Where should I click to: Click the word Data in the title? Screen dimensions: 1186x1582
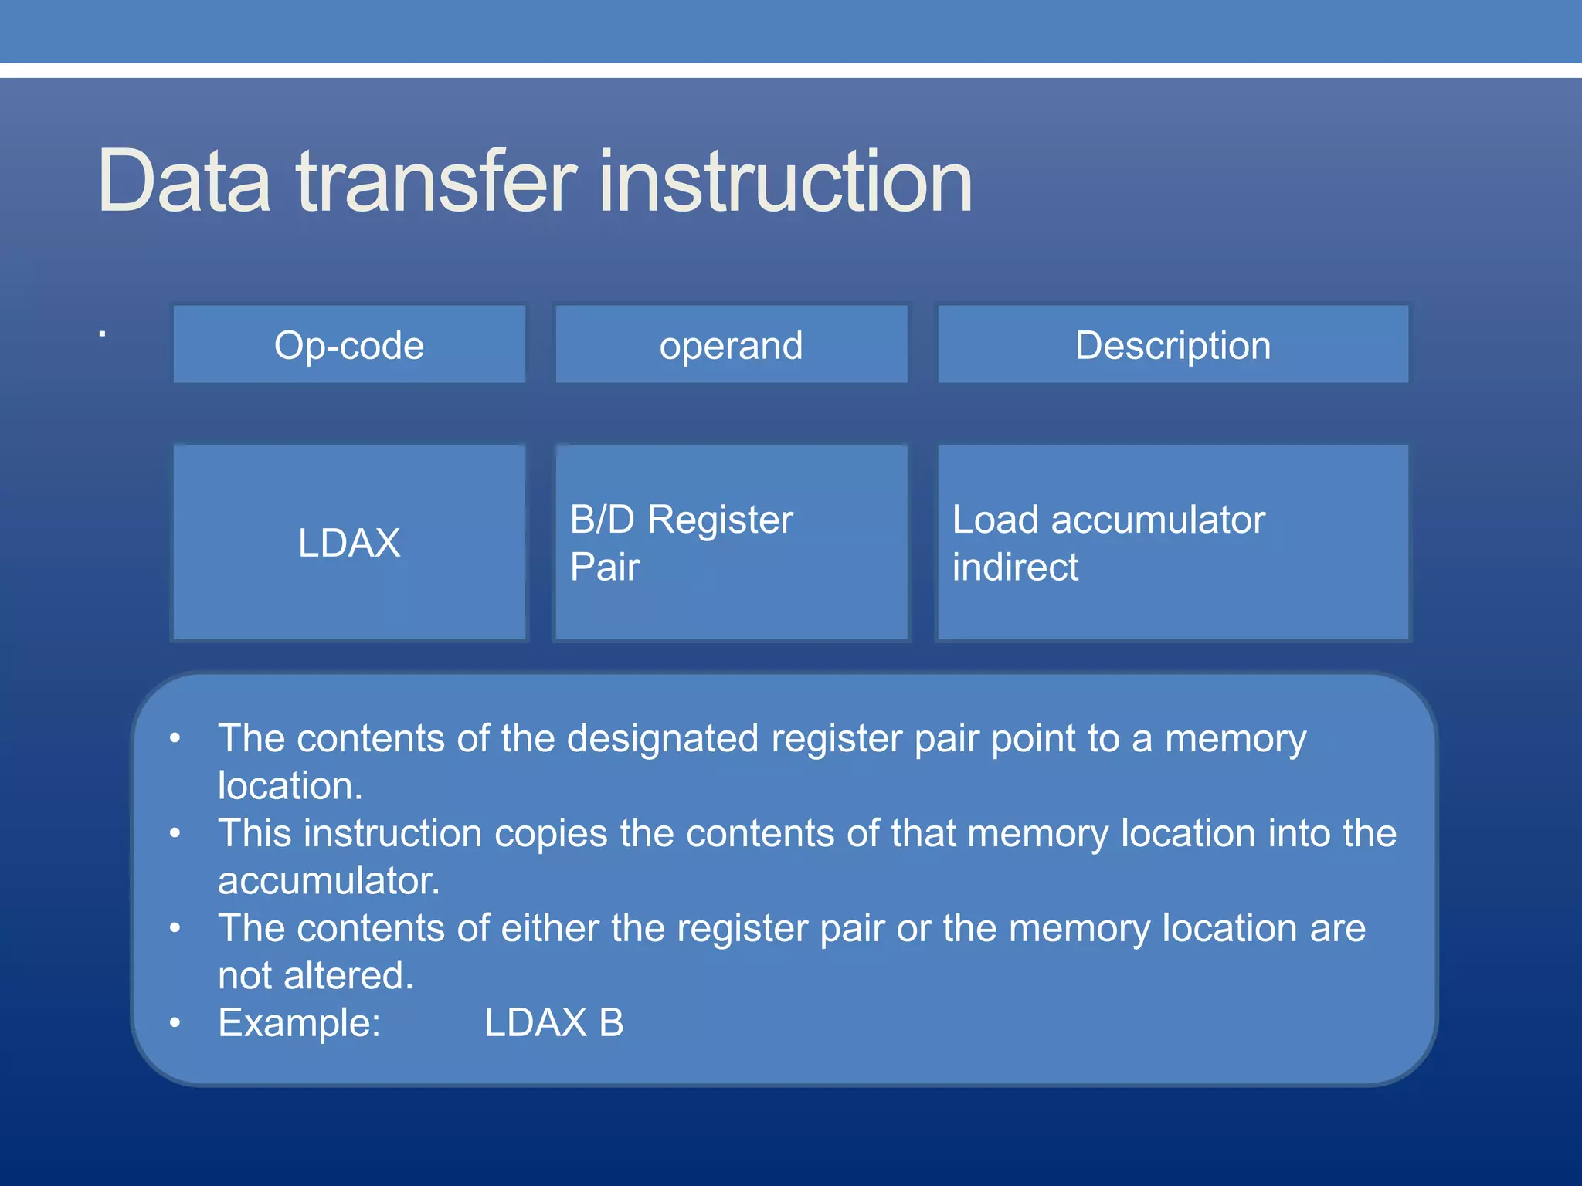pos(184,181)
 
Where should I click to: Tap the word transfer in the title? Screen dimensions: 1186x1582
pos(436,181)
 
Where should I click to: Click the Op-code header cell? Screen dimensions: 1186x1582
pos(349,345)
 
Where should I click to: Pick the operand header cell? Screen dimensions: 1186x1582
pos(731,345)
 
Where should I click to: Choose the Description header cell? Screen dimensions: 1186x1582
pos(1173,345)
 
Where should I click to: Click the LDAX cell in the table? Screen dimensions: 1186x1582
pos(349,542)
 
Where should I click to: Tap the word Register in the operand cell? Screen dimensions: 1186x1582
pos(720,520)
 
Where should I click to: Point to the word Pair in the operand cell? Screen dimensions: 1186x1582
pos(605,567)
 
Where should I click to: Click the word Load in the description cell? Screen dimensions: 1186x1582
pos(995,520)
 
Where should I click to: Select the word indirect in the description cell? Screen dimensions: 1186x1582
pos(1015,567)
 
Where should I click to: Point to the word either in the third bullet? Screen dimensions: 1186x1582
pos(550,928)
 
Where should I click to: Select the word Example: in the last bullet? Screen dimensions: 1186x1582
pos(300,1023)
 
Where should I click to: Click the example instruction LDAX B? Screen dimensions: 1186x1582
pos(554,1023)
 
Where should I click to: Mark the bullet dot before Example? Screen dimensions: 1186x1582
pos(175,1023)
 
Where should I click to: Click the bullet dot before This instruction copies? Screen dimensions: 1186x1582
pos(175,833)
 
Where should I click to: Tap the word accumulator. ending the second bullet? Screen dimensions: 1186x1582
pos(329,881)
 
